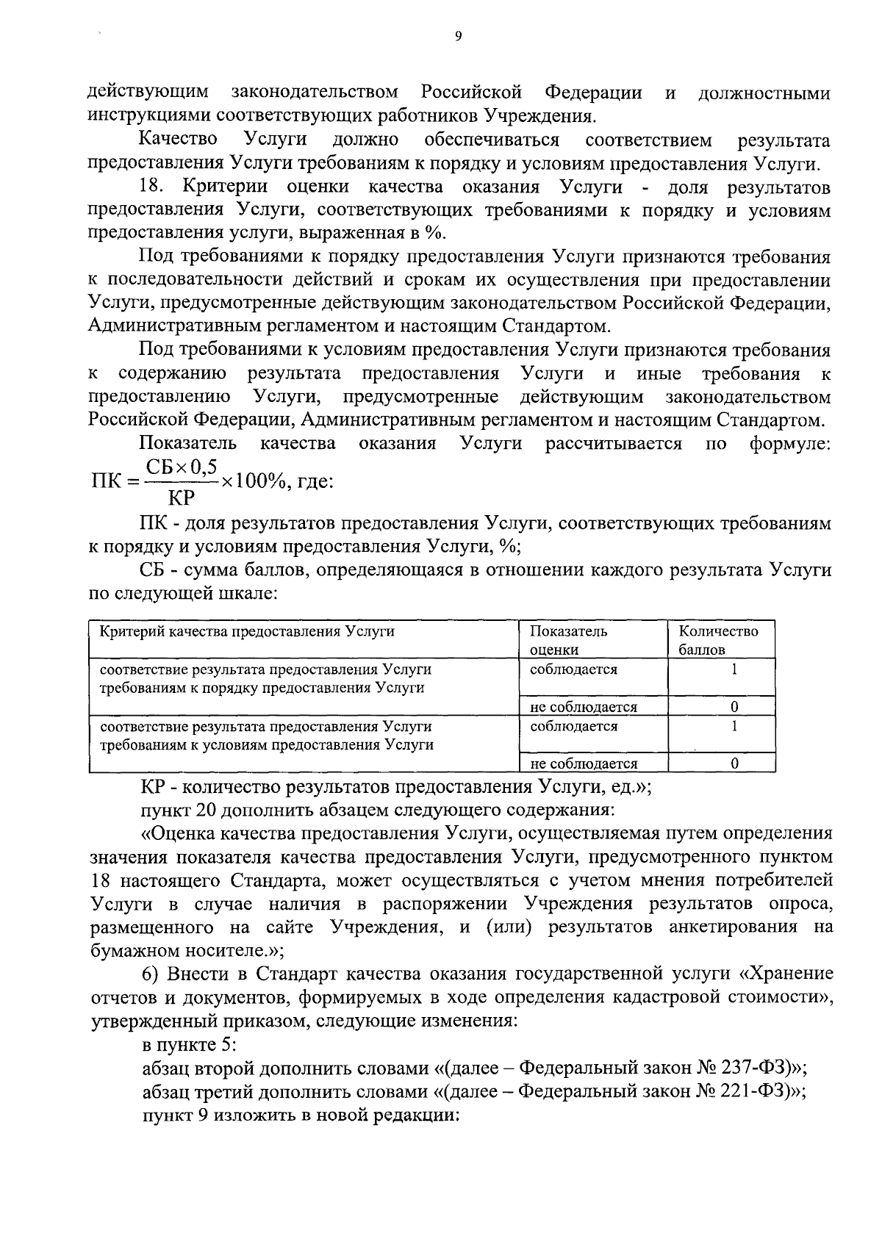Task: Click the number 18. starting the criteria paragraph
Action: point(151,187)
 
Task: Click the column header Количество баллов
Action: point(718,639)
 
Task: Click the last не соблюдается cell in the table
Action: point(584,763)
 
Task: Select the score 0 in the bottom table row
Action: point(734,763)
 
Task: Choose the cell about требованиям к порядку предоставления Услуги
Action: point(265,678)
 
